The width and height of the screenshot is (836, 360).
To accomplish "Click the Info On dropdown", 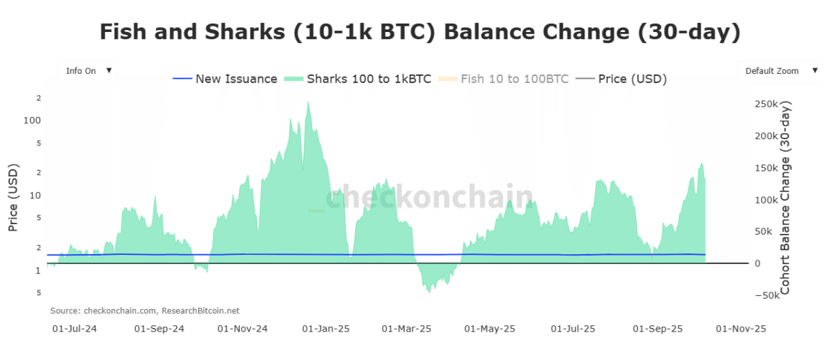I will click(88, 71).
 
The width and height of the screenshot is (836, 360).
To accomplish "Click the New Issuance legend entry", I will click(226, 79).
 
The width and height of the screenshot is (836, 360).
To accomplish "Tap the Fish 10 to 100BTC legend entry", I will click(504, 79).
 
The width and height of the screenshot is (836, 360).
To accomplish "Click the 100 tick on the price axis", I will click(33, 120).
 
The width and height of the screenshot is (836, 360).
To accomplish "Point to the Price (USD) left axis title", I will click(13, 198).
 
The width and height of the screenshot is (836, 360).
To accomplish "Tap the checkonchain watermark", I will click(429, 198).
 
